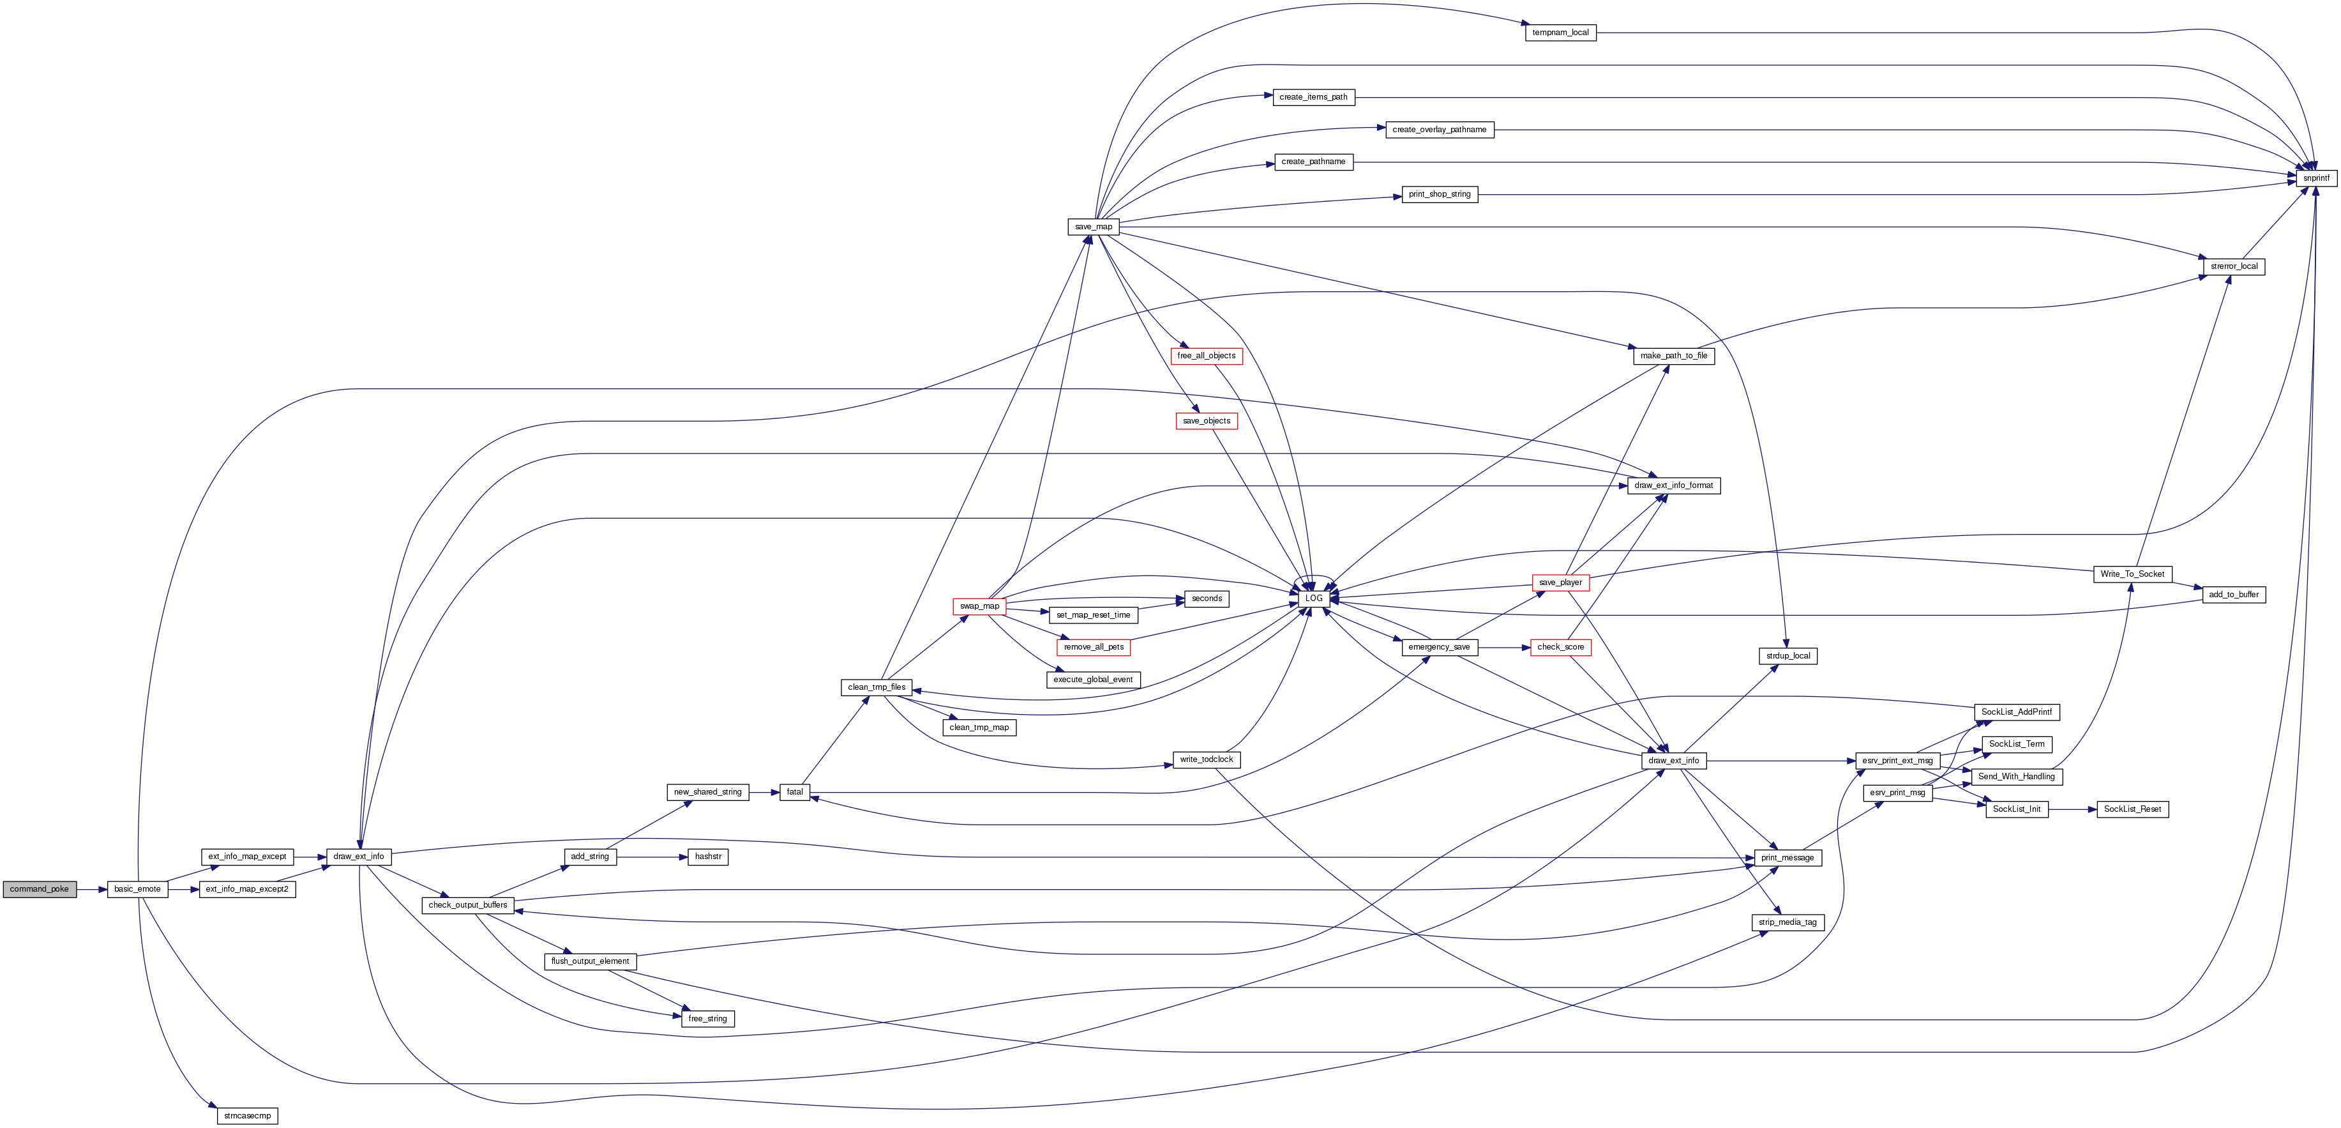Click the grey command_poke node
(x=39, y=889)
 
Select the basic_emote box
(x=137, y=889)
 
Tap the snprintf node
(x=2315, y=178)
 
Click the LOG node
(x=1313, y=598)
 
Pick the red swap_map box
(x=979, y=606)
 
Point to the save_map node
(x=1094, y=226)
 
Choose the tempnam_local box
(x=1560, y=33)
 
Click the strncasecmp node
(x=247, y=1115)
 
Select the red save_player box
(x=1560, y=583)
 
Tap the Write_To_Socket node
(x=2132, y=574)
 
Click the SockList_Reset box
(x=2132, y=809)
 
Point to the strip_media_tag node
(x=1788, y=922)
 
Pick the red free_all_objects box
(x=1206, y=355)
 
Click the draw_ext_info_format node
(x=1673, y=485)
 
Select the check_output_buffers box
(x=468, y=905)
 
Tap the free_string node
(x=707, y=1019)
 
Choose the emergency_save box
(x=1438, y=647)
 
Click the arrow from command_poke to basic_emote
(x=92, y=889)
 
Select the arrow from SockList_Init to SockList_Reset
(x=2073, y=809)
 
